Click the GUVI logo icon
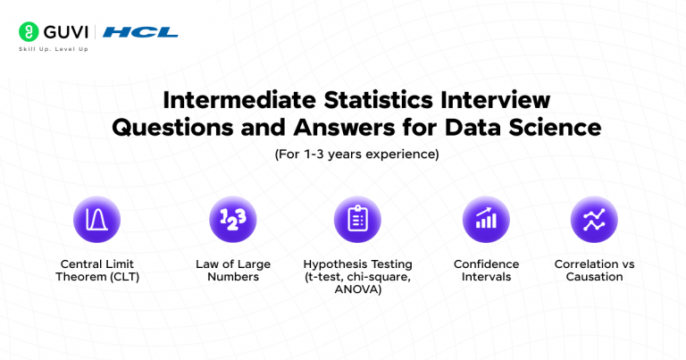(x=28, y=32)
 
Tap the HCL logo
(x=140, y=32)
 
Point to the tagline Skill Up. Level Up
(x=54, y=48)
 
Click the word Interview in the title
(x=500, y=99)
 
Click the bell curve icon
(x=96, y=220)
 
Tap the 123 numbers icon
(x=232, y=220)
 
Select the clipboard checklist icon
(x=357, y=220)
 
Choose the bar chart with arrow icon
(x=486, y=220)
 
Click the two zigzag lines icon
(x=594, y=220)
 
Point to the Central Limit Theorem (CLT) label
(x=96, y=271)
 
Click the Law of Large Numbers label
(x=232, y=271)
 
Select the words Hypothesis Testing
(x=357, y=264)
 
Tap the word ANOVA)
(x=357, y=289)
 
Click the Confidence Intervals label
(x=486, y=271)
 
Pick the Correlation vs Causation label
(x=594, y=271)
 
